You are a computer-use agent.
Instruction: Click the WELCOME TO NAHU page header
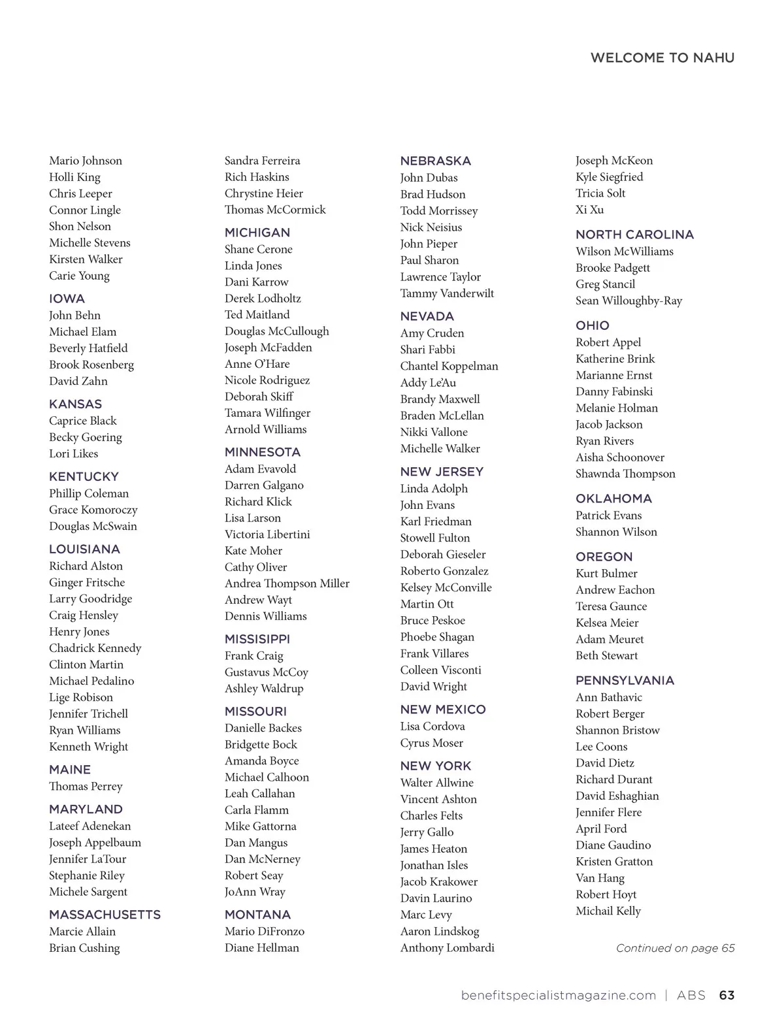pyautogui.click(x=662, y=58)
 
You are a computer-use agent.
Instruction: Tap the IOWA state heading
pyautogui.click(x=67, y=299)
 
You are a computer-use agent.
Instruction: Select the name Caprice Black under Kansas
pyautogui.click(x=83, y=421)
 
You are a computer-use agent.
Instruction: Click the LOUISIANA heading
pyautogui.click(x=84, y=549)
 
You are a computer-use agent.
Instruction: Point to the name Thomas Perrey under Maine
pyautogui.click(x=86, y=787)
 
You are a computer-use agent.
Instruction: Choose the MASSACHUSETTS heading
pyautogui.click(x=105, y=915)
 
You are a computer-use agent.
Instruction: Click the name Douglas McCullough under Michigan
pyautogui.click(x=276, y=331)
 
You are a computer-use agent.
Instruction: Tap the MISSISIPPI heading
pyautogui.click(x=257, y=639)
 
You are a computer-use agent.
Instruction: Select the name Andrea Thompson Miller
pyautogui.click(x=287, y=583)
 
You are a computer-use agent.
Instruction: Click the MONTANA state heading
pyautogui.click(x=257, y=915)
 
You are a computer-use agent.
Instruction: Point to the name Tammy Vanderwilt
pyautogui.click(x=447, y=293)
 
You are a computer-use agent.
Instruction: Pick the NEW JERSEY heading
pyautogui.click(x=442, y=472)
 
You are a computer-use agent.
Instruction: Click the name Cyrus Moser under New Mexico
pyautogui.click(x=431, y=743)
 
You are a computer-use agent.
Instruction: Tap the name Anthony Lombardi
pyautogui.click(x=447, y=948)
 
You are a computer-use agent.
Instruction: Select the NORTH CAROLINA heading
pyautogui.click(x=634, y=235)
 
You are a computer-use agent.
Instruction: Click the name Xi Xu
pyautogui.click(x=589, y=210)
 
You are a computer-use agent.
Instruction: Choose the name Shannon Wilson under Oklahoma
pyautogui.click(x=616, y=532)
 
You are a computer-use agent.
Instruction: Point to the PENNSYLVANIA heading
pyautogui.click(x=625, y=680)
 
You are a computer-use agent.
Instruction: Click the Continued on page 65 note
pyautogui.click(x=675, y=948)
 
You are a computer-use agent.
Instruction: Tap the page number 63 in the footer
pyautogui.click(x=727, y=995)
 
